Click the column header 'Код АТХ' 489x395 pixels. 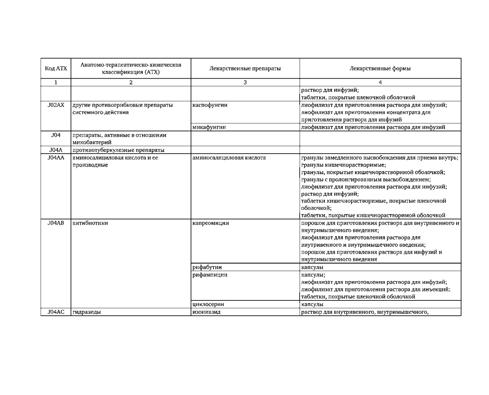(x=56, y=68)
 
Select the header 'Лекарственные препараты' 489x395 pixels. (x=245, y=68)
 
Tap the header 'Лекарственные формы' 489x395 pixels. (x=380, y=68)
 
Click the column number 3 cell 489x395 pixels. (x=245, y=83)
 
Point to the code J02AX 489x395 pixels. (x=56, y=105)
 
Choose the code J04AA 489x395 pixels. (x=56, y=158)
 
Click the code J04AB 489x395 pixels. (x=56, y=223)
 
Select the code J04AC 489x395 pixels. (x=56, y=312)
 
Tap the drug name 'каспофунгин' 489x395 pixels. (x=210, y=105)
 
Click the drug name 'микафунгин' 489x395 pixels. (x=209, y=127)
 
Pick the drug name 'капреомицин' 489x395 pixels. (x=211, y=223)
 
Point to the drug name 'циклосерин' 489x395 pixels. (x=208, y=304)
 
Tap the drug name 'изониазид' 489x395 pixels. (x=206, y=312)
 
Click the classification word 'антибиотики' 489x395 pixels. (x=90, y=223)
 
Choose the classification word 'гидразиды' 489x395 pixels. (x=86, y=312)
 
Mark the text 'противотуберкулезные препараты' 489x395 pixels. (x=118, y=150)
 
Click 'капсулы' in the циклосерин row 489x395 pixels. (x=312, y=304)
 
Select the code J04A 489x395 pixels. (x=56, y=150)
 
